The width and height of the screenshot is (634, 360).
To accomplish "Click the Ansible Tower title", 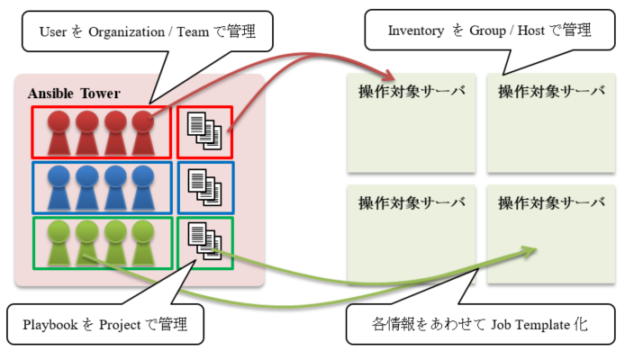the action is click(74, 94).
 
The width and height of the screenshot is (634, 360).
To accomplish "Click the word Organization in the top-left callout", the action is click(126, 31).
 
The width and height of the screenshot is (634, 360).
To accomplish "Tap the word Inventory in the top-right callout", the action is click(416, 31).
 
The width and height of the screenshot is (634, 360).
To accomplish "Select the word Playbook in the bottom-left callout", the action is click(50, 324).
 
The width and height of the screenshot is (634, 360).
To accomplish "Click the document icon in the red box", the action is click(204, 130).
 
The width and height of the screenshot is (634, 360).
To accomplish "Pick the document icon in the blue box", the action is click(204, 186).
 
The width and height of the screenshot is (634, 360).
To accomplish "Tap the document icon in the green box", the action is click(204, 241).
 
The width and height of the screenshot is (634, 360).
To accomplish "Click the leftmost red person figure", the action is click(59, 132).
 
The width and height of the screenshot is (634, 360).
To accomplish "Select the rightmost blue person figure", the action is click(142, 188).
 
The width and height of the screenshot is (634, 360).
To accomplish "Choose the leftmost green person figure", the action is click(59, 243).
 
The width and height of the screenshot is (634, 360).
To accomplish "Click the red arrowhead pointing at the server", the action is click(389, 76).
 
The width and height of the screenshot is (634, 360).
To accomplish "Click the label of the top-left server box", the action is click(412, 91).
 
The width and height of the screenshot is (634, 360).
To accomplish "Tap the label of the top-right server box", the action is click(551, 91).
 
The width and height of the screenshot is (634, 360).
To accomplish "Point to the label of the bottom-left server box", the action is click(412, 202).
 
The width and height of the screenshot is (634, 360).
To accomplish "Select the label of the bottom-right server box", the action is click(551, 202).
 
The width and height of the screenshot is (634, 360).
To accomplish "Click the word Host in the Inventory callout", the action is click(531, 31).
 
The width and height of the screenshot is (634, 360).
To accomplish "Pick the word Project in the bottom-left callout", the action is click(120, 325).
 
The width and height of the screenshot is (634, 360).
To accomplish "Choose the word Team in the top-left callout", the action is click(193, 31).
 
